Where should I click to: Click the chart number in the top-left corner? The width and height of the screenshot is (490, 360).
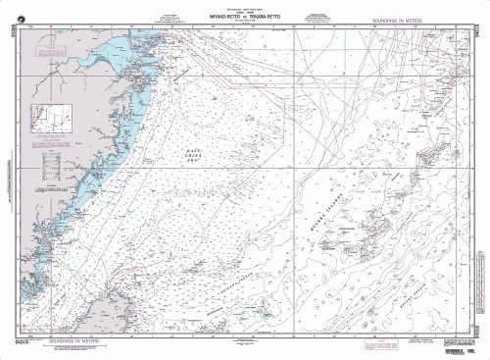[11, 39]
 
